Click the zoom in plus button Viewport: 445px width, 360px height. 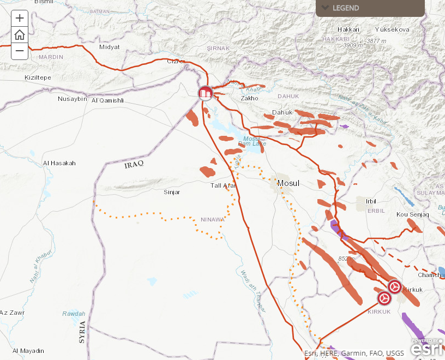[20, 18]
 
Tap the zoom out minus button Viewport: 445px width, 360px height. [20, 51]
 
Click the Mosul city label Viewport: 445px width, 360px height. [288, 183]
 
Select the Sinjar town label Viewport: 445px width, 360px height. [172, 192]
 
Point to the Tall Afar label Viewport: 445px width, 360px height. [223, 185]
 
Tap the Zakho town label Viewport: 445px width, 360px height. [249, 98]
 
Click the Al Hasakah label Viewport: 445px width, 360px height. [59, 163]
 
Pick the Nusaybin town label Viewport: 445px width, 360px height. [73, 99]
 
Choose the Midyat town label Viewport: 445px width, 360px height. [109, 47]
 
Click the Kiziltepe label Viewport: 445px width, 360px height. [38, 77]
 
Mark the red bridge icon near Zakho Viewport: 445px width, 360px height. [205, 93]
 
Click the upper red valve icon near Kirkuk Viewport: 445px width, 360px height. [395, 286]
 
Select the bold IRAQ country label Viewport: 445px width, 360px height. [133, 165]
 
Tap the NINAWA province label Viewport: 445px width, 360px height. [212, 220]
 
